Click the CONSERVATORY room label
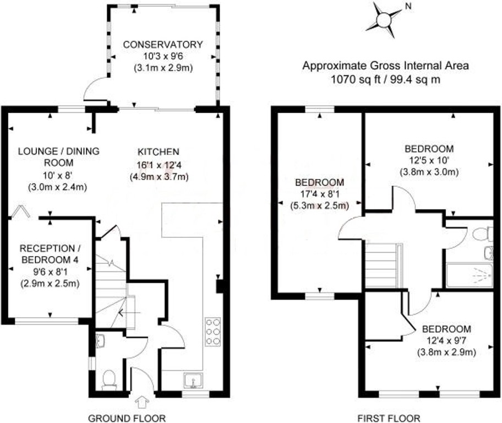[163, 44]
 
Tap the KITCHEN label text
[159, 151]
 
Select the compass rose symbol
[384, 20]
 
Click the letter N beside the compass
[408, 6]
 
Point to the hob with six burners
[213, 332]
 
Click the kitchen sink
[193, 381]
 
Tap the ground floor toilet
[109, 380]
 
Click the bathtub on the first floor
[470, 275]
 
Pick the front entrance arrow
[143, 402]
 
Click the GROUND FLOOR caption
[127, 418]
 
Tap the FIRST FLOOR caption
[389, 418]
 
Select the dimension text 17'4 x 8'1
[320, 194]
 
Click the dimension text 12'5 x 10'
[429, 160]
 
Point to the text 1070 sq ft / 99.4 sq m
[385, 79]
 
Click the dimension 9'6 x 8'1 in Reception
[50, 272]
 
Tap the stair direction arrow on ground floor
[129, 312]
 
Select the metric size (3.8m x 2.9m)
[446, 352]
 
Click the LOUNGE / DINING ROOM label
[58, 157]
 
